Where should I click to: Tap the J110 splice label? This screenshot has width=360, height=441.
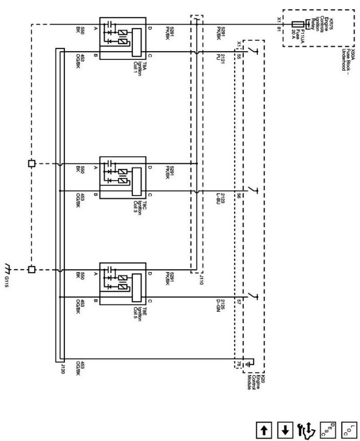click(201, 279)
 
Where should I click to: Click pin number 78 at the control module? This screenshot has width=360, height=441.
click(238, 364)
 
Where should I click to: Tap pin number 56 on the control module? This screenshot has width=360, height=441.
click(238, 195)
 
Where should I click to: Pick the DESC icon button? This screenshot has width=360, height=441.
click(326, 430)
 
